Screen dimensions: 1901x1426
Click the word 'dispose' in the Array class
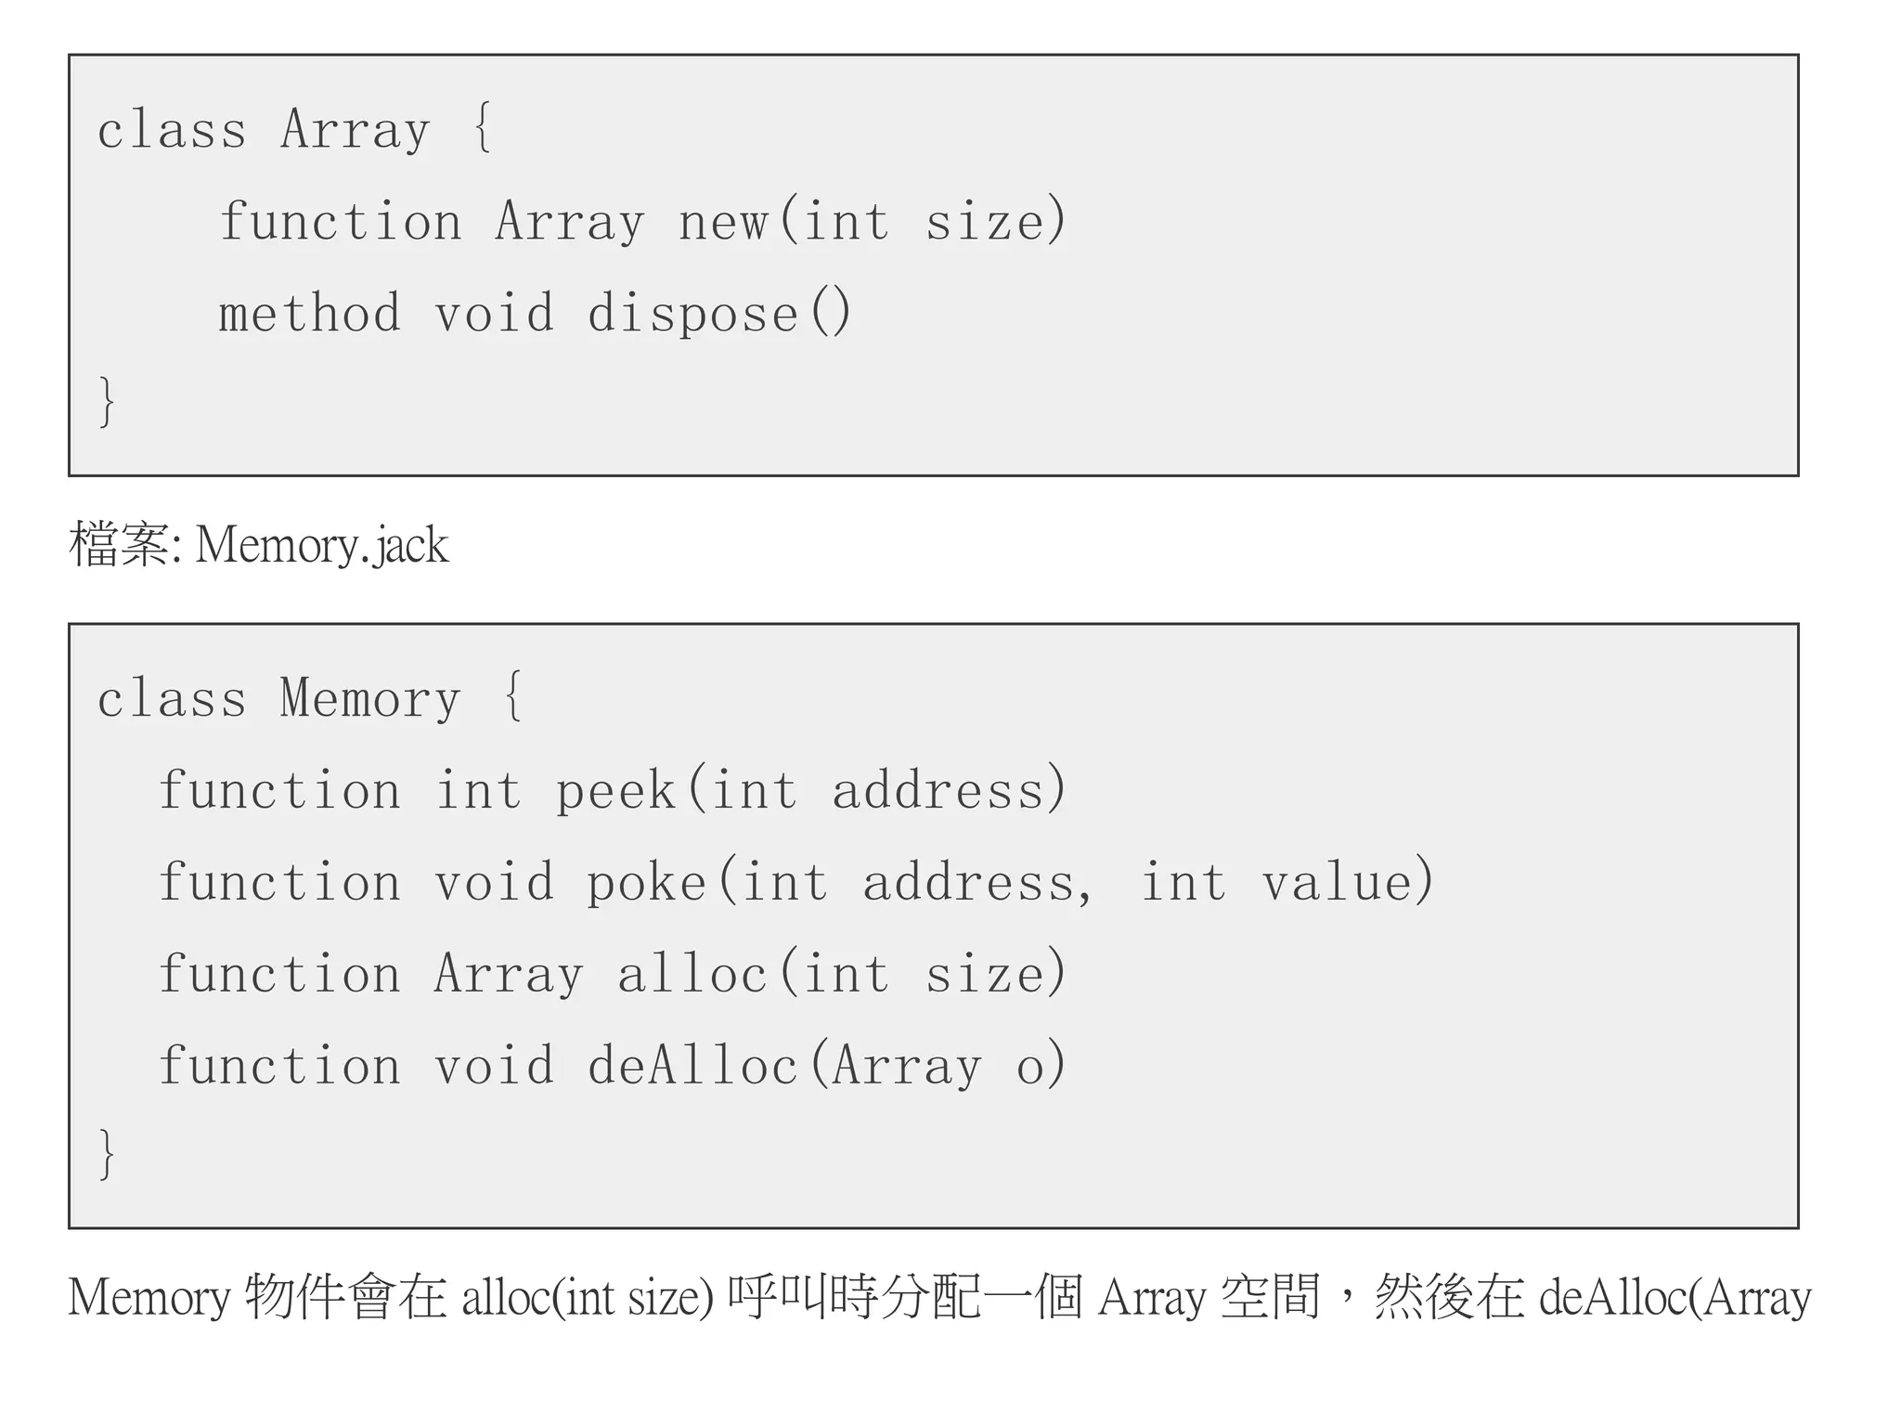click(692, 314)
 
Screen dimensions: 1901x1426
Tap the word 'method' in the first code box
click(310, 314)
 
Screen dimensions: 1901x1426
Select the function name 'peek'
click(615, 791)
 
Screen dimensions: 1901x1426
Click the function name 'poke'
click(646, 882)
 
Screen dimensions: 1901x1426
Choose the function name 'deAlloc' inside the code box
click(692, 1066)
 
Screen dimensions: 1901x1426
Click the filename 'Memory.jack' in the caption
click(322, 545)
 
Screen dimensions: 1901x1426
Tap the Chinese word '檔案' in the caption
click(119, 545)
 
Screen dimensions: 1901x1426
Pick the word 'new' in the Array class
click(723, 223)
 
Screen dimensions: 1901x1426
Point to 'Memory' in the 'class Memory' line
click(370, 698)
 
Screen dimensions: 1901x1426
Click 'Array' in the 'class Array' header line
click(356, 130)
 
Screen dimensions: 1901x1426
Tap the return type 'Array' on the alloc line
click(509, 975)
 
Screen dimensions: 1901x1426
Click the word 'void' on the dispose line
click(494, 314)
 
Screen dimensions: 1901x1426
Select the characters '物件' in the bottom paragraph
click(294, 1298)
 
